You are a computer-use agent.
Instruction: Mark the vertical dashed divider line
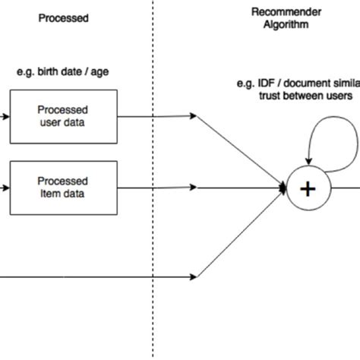(153, 228)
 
